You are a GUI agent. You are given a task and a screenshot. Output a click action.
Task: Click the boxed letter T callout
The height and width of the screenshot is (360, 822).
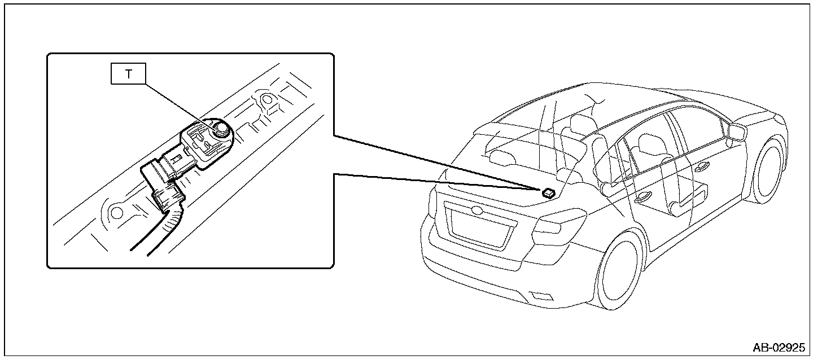[128, 74]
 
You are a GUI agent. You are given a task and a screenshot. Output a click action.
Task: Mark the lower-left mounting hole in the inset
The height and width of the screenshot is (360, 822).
[116, 213]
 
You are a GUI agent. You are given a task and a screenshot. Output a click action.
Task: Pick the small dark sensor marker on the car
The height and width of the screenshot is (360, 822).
[548, 192]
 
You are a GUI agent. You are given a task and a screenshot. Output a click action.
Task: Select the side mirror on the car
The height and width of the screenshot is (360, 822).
[736, 131]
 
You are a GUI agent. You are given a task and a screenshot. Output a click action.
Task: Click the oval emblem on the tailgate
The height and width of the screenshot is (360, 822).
[477, 211]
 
